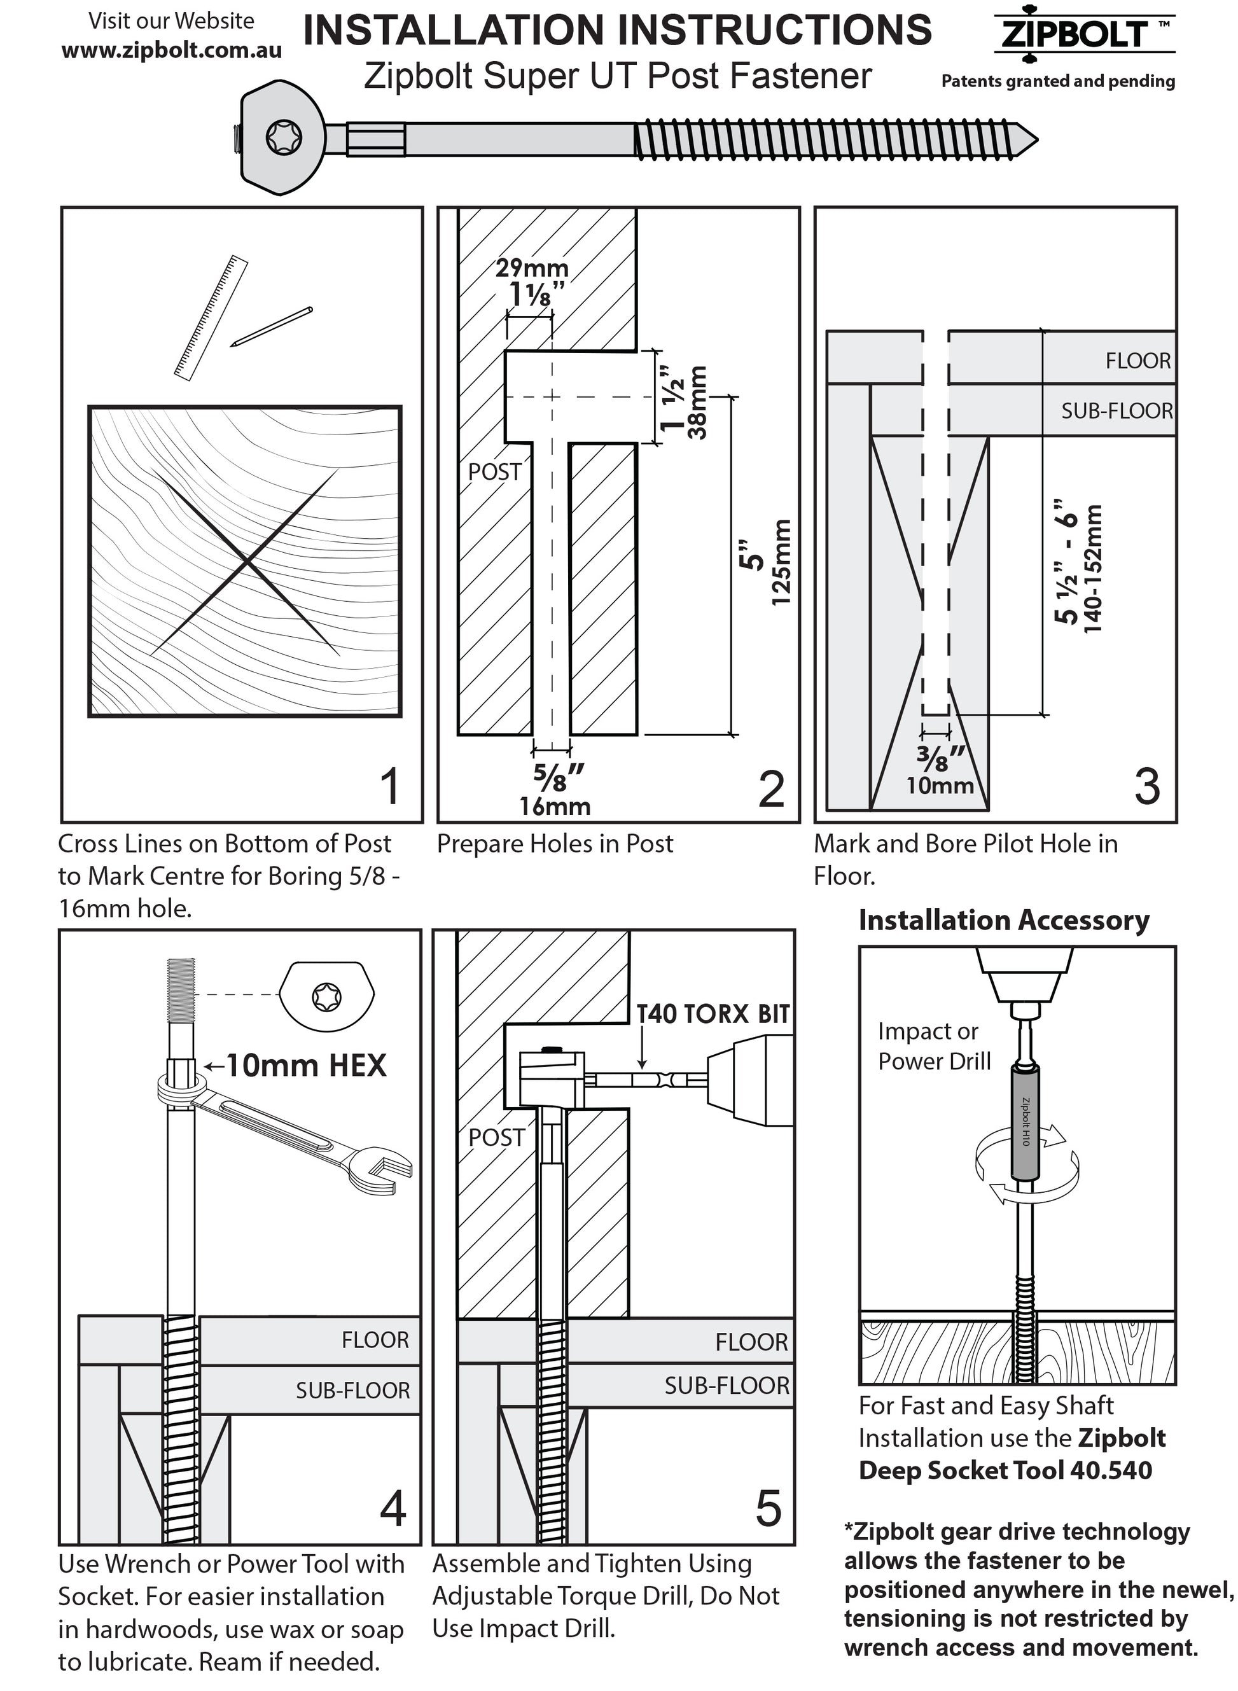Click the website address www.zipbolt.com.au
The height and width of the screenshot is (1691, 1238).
point(172,50)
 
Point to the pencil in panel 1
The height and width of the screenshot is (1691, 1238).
point(271,326)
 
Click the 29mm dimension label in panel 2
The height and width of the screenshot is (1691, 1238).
point(531,267)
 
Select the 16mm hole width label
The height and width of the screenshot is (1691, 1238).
point(555,806)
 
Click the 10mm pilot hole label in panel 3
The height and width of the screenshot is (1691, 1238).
point(940,785)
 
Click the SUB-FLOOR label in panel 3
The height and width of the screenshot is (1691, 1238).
point(1116,410)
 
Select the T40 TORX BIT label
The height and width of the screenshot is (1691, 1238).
point(713,1013)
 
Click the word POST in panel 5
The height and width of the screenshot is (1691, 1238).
point(496,1138)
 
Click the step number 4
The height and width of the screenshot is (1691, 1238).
point(393,1508)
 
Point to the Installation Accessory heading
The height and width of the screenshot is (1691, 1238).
point(1003,920)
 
